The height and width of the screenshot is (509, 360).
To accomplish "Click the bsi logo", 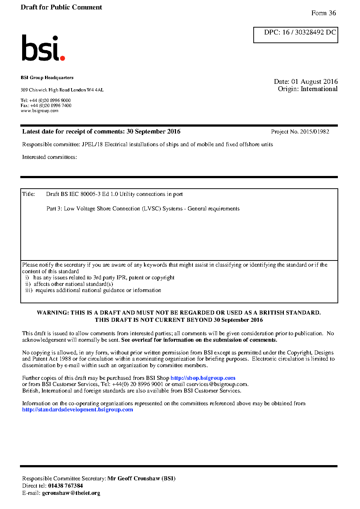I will point(43,48).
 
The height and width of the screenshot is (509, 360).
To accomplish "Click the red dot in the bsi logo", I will point(62,58).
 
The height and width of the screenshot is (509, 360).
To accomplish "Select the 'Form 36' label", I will point(323,13).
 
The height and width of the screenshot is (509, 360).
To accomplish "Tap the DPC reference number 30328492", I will point(309,32).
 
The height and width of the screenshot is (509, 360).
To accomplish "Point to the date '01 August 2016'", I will point(314,82).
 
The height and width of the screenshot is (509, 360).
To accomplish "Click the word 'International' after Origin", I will point(319,89).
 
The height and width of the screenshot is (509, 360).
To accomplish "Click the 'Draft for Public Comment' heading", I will point(61,7).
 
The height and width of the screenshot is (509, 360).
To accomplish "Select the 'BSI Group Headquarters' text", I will point(47,78).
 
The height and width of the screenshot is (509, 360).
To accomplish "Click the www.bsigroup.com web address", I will point(40,111).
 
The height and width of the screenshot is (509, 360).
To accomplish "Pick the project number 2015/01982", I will point(315,132).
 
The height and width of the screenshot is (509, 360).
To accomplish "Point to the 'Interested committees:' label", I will point(49,157).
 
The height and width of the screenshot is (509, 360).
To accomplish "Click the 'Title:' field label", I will point(29,194).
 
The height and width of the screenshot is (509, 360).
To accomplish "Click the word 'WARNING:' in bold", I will point(53,313).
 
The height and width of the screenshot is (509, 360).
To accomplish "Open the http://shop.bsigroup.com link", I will point(203,378).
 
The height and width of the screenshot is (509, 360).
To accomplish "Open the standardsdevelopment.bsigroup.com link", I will point(77,410).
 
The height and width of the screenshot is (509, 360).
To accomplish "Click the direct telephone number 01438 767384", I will point(65,486).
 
